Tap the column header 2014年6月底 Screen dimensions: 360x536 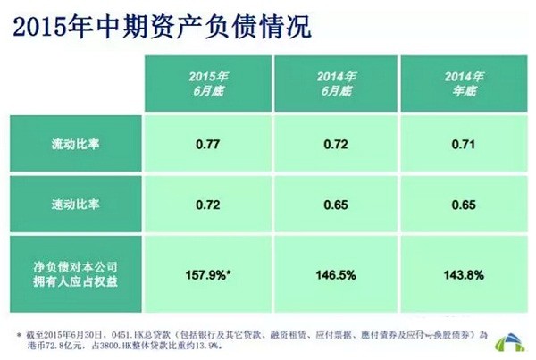pyautogui.click(x=337, y=85)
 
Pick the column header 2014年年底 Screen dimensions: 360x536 pyautogui.click(x=465, y=85)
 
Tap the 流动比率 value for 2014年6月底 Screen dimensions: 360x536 pyautogui.click(x=337, y=143)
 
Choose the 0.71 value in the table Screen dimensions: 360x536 pyautogui.click(x=465, y=143)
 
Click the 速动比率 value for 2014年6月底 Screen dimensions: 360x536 pyautogui.click(x=337, y=205)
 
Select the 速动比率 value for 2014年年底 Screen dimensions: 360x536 pyautogui.click(x=465, y=205)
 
